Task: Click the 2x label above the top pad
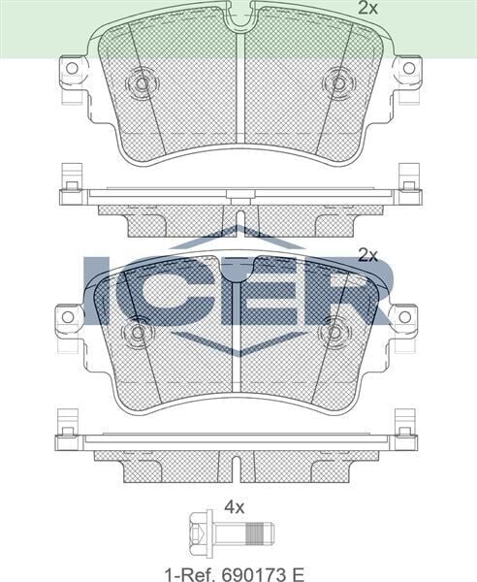(366, 9)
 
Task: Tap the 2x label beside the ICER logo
(366, 256)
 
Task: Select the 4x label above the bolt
(235, 505)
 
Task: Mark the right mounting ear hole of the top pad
(408, 69)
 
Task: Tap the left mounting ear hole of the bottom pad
(67, 317)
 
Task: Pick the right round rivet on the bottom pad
(338, 330)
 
